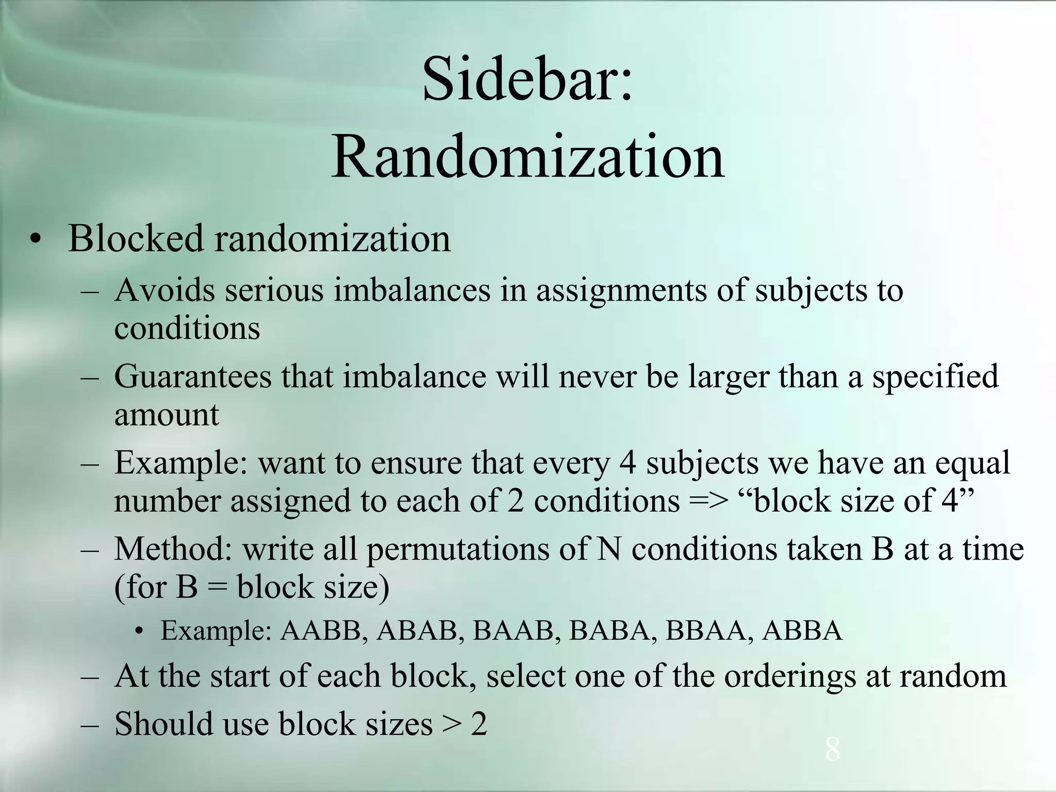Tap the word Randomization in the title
click(x=527, y=156)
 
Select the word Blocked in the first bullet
click(x=136, y=239)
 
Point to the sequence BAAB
click(x=513, y=631)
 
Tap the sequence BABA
click(x=609, y=631)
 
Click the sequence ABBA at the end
click(x=802, y=631)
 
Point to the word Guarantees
click(x=192, y=376)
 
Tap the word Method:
click(x=173, y=549)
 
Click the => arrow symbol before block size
click(x=709, y=501)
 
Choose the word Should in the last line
click(x=163, y=723)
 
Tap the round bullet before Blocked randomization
click(x=35, y=240)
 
